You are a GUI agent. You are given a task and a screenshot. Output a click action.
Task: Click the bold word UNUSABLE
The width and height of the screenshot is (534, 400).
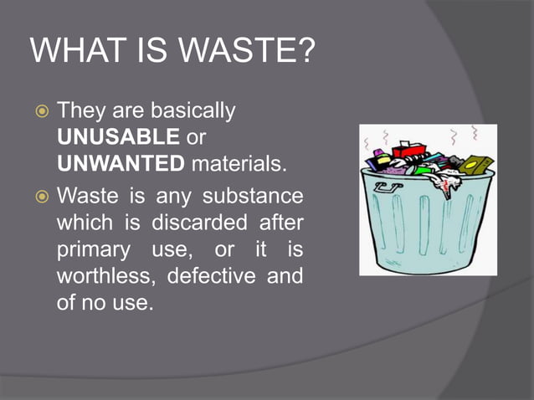click(x=118, y=136)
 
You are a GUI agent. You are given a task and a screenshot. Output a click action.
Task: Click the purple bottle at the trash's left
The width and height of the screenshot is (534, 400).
click(x=380, y=160)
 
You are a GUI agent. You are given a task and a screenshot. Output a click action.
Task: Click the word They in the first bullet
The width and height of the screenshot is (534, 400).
click(x=81, y=111)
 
